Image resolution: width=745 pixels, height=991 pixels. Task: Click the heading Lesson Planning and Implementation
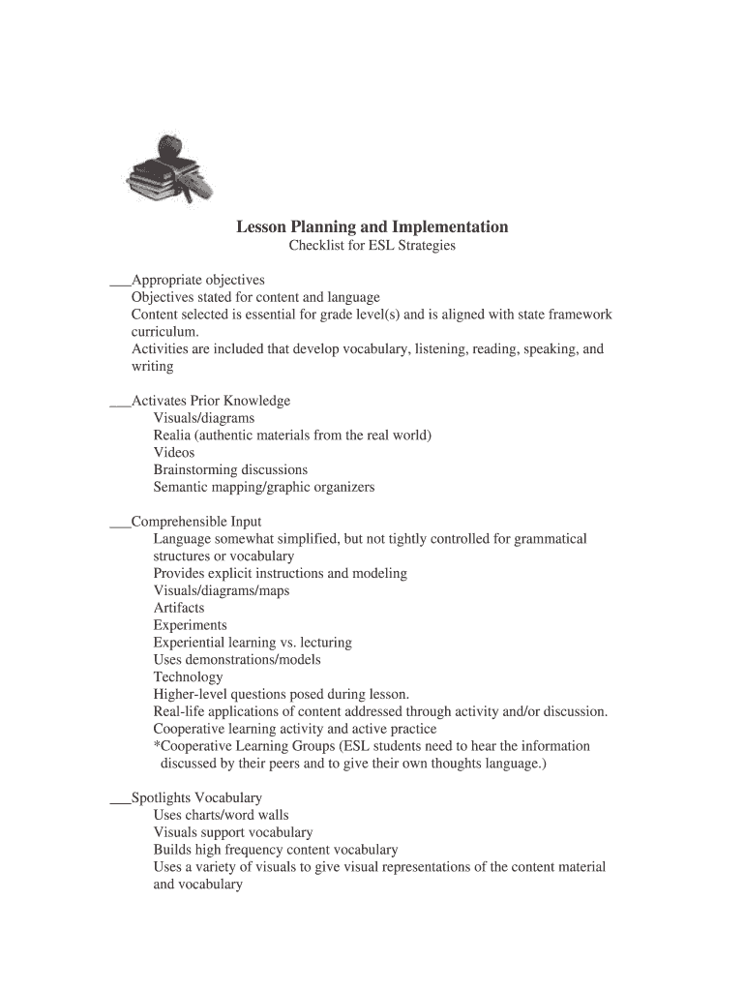pyautogui.click(x=372, y=227)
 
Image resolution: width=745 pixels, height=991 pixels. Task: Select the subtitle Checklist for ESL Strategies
pyautogui.click(x=372, y=247)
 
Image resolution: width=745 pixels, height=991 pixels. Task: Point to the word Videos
pyautogui.click(x=174, y=453)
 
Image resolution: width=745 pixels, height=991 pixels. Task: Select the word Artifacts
pyautogui.click(x=179, y=608)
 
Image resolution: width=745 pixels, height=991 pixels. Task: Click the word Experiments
pyautogui.click(x=191, y=625)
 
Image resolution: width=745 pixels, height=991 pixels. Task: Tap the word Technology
pyautogui.click(x=188, y=677)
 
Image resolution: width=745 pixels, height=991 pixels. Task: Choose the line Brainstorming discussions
pyautogui.click(x=230, y=470)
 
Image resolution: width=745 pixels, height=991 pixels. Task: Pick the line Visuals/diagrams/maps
pyautogui.click(x=222, y=590)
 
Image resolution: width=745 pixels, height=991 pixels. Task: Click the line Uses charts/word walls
pyautogui.click(x=221, y=815)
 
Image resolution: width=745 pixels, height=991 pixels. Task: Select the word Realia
pyautogui.click(x=173, y=435)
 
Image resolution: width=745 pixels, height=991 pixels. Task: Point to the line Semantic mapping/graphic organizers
pyautogui.click(x=263, y=488)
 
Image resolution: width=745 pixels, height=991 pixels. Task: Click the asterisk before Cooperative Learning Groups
pyautogui.click(x=157, y=746)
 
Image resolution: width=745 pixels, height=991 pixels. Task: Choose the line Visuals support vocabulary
pyautogui.click(x=233, y=832)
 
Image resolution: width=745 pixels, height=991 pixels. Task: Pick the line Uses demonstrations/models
pyautogui.click(x=237, y=660)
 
